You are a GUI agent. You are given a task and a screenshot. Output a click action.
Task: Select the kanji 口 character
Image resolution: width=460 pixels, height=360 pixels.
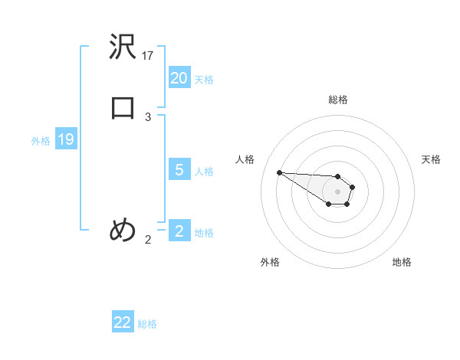tap(123, 108)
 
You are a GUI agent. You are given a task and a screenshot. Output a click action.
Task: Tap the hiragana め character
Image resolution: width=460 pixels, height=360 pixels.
tap(123, 230)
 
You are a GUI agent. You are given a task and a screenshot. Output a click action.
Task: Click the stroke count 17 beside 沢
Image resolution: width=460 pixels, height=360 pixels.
tap(148, 55)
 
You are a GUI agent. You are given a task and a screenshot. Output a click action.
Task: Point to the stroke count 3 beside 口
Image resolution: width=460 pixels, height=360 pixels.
tap(148, 116)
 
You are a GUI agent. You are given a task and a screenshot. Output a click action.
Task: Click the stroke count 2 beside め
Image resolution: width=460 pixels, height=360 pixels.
tap(148, 240)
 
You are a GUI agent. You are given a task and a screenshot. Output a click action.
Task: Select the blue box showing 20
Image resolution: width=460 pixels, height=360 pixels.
tap(179, 77)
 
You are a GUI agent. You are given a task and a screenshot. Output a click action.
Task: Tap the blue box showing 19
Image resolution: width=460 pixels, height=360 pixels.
tap(65, 139)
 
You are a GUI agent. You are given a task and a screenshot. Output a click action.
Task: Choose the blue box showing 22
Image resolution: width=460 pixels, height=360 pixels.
tap(123, 322)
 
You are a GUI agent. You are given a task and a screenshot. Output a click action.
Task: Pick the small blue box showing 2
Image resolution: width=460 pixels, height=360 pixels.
tap(179, 231)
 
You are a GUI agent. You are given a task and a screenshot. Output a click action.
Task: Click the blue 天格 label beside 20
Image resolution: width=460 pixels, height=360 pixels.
tap(204, 80)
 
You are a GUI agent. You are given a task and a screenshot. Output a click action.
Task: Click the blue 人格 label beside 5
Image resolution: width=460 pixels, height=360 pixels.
tap(204, 172)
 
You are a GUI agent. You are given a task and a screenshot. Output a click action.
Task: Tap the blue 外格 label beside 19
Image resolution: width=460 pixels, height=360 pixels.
tap(41, 141)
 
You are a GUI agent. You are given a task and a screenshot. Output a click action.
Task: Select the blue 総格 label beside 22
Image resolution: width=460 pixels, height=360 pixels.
tap(147, 324)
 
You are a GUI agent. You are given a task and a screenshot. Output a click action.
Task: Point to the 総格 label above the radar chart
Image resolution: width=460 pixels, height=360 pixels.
tap(338, 100)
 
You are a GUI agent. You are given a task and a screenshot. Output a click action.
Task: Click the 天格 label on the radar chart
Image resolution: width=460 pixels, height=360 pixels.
tap(431, 159)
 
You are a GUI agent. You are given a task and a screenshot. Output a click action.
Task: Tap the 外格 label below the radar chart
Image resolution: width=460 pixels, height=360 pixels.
tap(270, 262)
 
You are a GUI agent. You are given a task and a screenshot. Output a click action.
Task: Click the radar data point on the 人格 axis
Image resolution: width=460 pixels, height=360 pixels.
tap(279, 172)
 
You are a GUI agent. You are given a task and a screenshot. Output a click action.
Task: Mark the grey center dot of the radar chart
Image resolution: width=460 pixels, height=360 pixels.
tap(338, 191)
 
